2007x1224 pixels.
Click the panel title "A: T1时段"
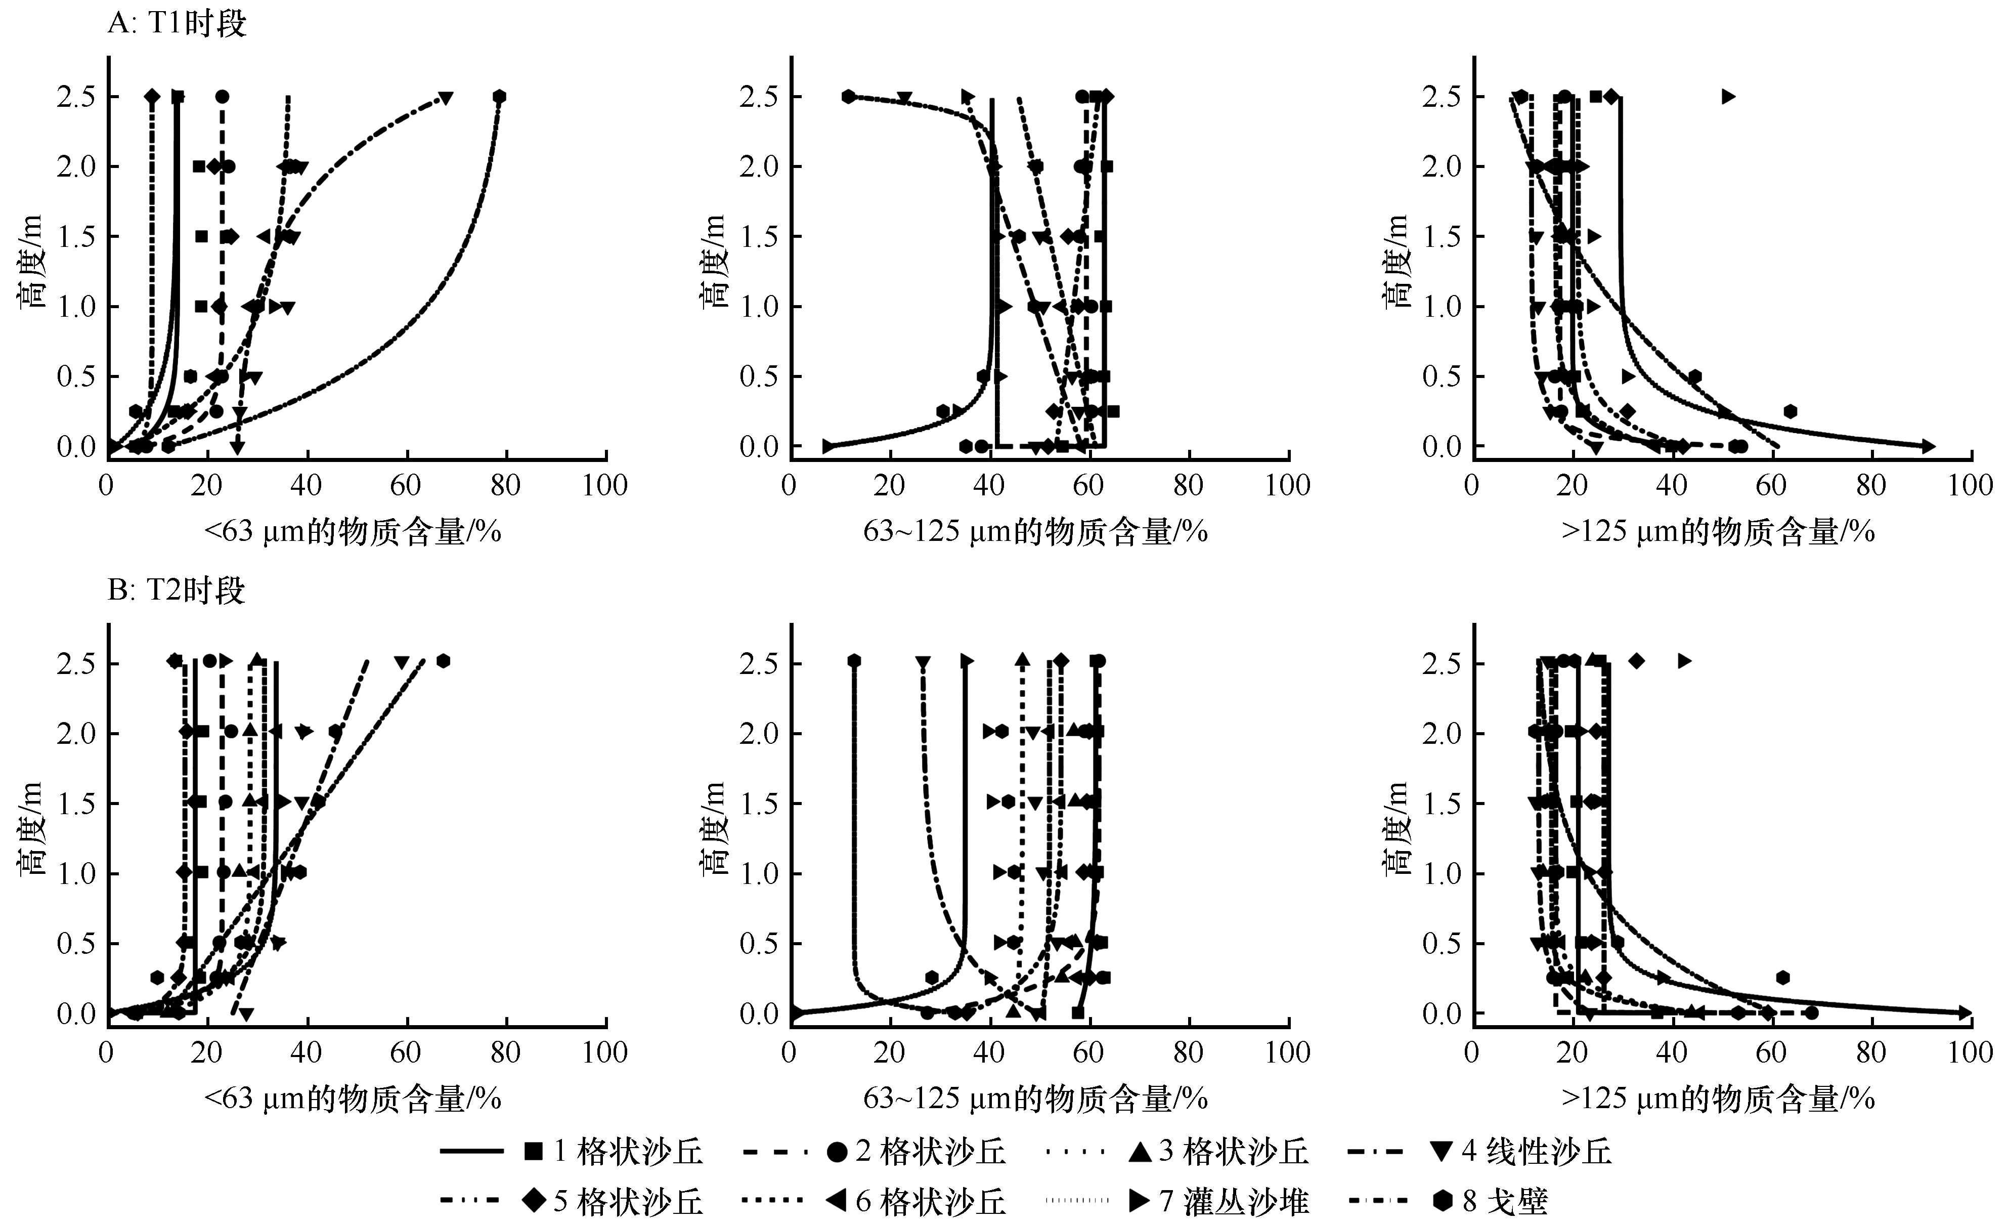[x=177, y=24]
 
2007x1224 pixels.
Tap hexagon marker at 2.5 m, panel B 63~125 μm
[x=854, y=661]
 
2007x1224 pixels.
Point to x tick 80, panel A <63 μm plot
[x=505, y=486]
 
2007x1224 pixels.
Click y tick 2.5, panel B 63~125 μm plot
[x=759, y=663]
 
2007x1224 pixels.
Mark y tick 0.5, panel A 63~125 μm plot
[x=759, y=376]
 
